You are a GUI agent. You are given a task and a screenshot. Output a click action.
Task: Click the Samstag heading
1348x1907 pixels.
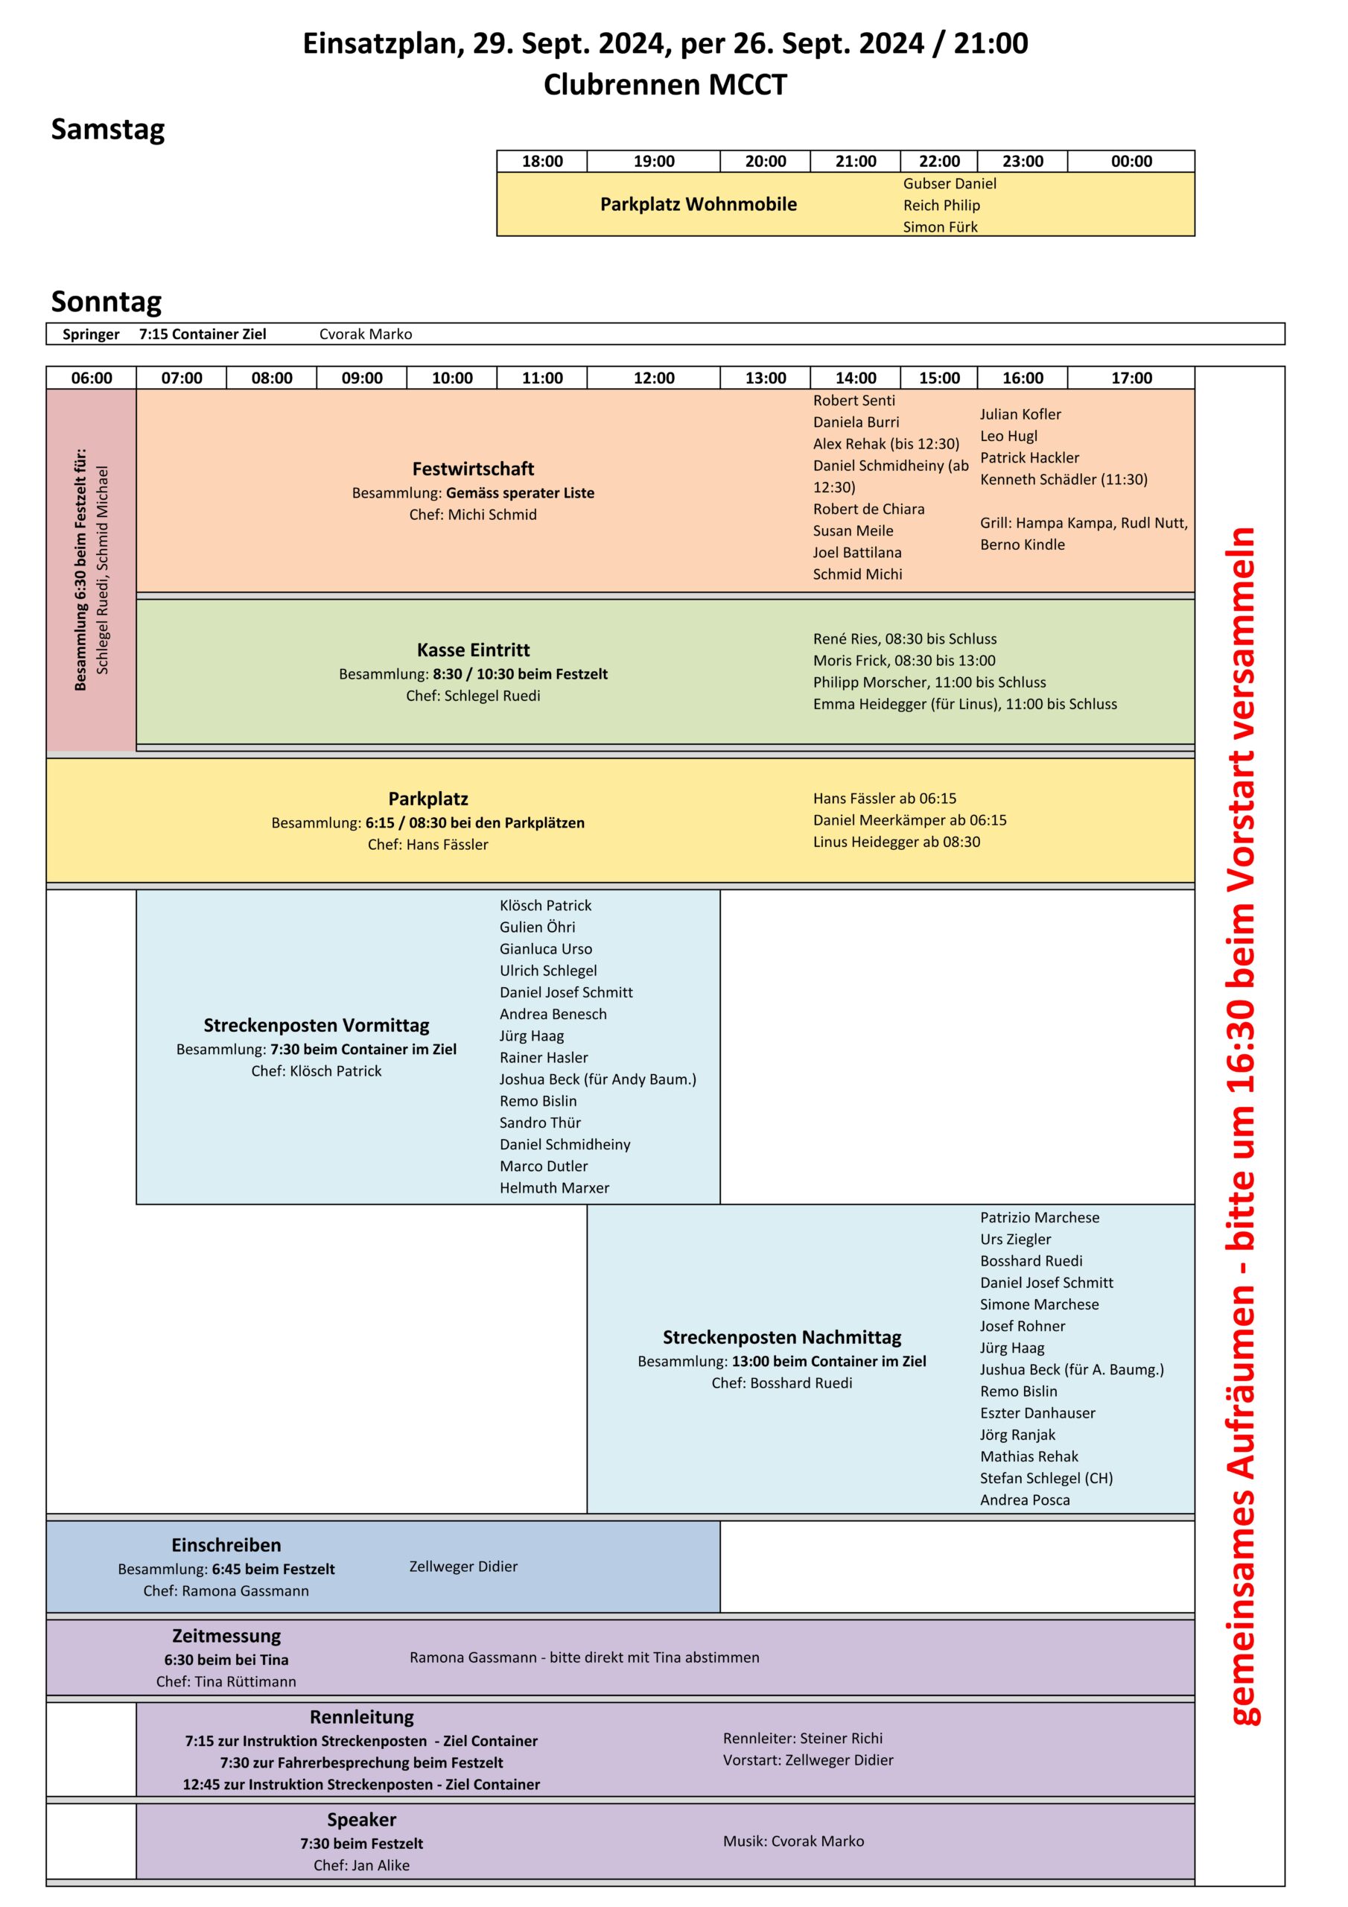108,130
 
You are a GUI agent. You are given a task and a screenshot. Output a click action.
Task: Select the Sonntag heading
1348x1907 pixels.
106,302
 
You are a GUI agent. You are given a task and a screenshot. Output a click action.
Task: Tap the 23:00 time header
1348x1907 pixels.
1023,161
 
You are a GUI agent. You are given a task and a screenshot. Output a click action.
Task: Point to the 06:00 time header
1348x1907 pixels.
92,378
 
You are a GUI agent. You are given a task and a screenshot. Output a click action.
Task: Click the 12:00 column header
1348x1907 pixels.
654,378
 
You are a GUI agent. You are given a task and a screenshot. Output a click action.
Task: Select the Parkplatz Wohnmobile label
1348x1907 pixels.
699,204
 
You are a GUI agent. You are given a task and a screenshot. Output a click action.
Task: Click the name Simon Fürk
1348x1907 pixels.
940,226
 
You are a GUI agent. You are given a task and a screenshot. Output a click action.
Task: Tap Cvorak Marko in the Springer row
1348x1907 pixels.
366,334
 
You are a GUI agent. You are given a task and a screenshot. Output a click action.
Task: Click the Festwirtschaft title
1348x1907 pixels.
473,469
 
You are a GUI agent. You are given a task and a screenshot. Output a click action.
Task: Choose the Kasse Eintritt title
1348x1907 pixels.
473,650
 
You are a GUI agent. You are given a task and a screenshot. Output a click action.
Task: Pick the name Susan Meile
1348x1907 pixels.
853,530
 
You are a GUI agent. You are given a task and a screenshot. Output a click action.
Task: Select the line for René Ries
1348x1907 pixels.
904,638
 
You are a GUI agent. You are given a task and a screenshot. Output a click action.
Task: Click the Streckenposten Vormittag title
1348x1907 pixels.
317,1025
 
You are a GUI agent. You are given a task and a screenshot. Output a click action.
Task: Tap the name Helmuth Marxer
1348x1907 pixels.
554,1187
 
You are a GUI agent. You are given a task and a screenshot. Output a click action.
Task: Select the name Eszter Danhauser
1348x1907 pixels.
1037,1413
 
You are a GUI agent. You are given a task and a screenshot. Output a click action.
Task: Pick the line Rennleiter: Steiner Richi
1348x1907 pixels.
802,1738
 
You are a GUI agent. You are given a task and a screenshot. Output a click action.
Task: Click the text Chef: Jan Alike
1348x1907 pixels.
361,1865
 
